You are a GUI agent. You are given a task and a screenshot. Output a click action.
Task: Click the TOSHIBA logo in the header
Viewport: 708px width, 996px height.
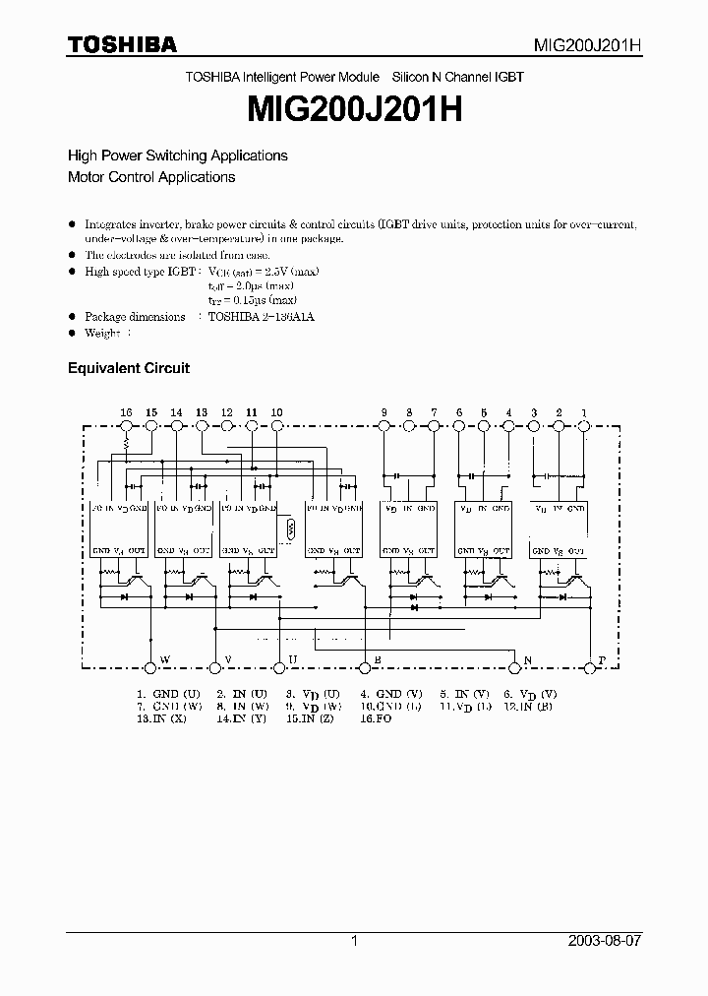coord(122,44)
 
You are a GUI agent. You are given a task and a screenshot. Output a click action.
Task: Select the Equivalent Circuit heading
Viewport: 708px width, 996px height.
coord(128,368)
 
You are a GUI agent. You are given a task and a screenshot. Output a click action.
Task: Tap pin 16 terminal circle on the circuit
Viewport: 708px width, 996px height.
coord(126,425)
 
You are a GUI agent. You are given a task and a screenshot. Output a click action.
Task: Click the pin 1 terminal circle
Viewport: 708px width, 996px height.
coord(584,425)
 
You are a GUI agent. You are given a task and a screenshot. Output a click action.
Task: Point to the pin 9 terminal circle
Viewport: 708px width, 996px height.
coord(383,425)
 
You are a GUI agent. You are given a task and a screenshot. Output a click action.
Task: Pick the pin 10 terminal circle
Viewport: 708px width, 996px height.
coord(276,425)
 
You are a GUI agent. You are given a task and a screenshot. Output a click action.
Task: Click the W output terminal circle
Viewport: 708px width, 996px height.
coord(150,667)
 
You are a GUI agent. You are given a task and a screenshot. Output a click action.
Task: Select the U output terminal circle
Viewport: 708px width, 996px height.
coord(278,667)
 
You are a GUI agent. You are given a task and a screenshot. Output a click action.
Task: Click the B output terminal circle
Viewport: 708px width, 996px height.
coord(366,667)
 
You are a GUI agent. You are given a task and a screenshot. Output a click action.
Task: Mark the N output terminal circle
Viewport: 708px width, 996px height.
coord(515,667)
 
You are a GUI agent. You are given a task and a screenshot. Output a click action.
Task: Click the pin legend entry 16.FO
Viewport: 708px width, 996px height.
coord(374,719)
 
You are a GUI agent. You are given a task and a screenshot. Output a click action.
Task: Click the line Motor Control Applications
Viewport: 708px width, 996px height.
coord(150,177)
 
